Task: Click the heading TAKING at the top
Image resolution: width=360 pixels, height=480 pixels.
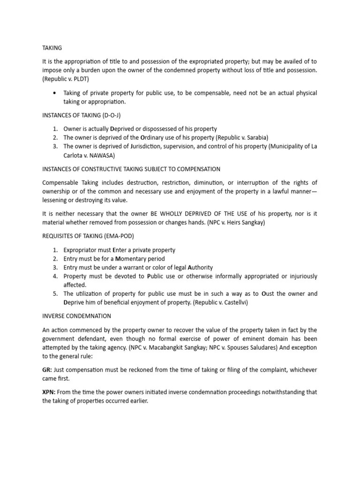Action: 52,48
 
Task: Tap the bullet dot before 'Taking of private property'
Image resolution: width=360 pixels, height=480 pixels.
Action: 56,93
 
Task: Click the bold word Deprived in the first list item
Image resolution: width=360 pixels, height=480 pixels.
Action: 124,128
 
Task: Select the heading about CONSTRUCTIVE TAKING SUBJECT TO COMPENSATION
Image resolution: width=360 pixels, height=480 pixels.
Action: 131,169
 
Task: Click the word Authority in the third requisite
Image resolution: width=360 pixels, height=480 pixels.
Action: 183,267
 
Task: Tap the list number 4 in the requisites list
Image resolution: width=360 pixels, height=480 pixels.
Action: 54,276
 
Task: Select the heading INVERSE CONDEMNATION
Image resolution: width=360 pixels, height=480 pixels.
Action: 75,316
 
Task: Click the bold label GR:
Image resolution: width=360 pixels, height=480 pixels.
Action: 47,370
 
